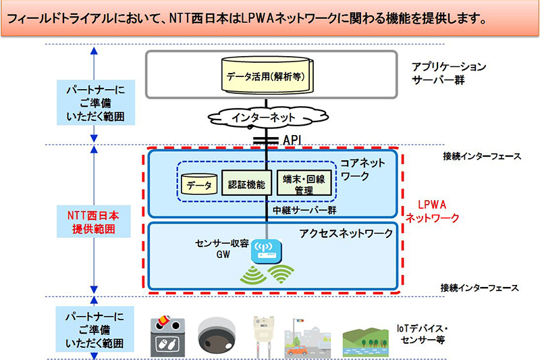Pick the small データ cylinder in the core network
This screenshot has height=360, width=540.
199,184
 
